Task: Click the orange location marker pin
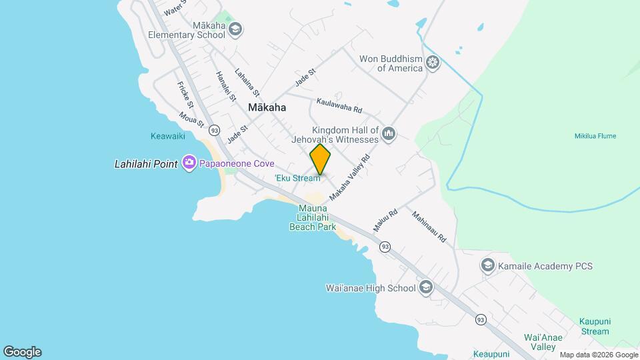point(320,159)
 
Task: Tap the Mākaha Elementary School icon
point(235,29)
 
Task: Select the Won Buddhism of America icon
point(433,63)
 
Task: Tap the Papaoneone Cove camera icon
point(189,163)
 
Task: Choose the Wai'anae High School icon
point(426,288)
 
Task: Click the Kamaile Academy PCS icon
point(488,266)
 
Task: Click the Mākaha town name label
point(267,107)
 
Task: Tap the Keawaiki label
point(167,136)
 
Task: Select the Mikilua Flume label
point(595,136)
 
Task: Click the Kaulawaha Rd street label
point(339,105)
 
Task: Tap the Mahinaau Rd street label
point(429,227)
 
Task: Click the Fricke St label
point(185,95)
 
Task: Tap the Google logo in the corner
point(22,352)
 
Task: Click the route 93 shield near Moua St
point(214,129)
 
